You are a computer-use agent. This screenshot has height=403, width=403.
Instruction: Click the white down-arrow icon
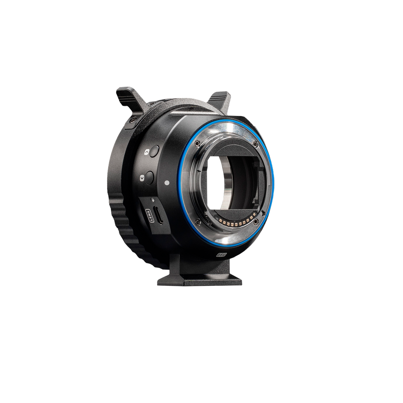coord(142,178)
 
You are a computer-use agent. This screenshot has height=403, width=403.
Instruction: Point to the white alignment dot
coord(167,182)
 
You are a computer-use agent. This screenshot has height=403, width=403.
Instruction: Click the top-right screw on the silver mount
coord(255,143)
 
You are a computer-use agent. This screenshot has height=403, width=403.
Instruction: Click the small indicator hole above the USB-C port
coord(152,200)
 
